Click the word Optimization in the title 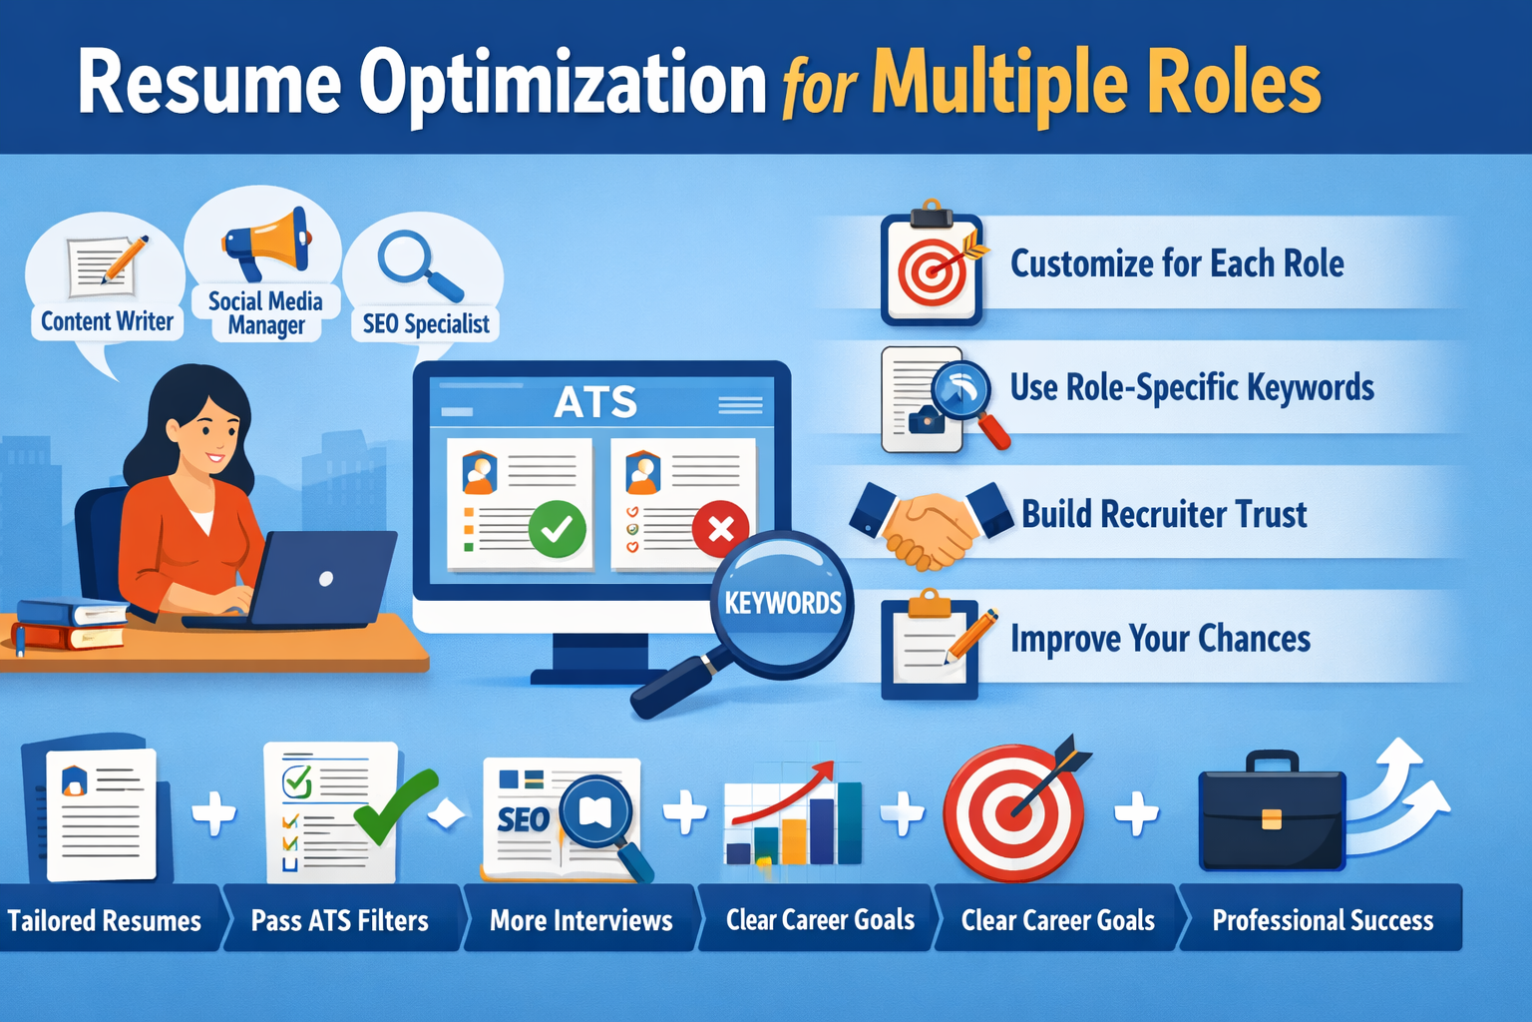563,84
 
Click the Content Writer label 107,321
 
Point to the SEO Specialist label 426,324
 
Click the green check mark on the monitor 557,528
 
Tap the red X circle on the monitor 720,528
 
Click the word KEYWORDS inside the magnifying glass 783,603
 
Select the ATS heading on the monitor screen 595,403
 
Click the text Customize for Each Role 1177,264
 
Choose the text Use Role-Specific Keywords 1192,387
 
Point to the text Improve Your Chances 1160,639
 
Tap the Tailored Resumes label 105,920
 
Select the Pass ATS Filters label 339,920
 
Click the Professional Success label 1323,920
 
